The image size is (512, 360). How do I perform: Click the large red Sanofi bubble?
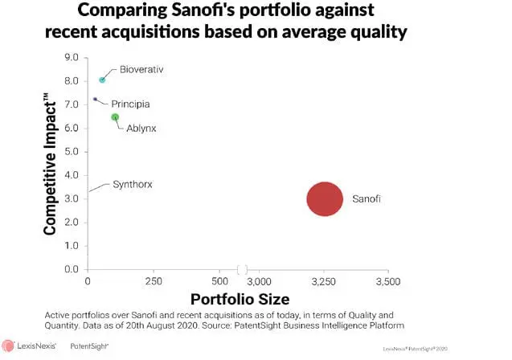[325, 199]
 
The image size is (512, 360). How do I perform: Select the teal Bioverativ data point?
[102, 80]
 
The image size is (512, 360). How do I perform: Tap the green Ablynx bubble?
[115, 117]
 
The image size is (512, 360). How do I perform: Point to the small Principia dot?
[95, 99]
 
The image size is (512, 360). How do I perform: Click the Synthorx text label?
[133, 185]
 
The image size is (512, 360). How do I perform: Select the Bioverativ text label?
[141, 70]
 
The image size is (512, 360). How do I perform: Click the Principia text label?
[130, 104]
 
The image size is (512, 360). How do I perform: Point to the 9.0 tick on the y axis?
[72, 59]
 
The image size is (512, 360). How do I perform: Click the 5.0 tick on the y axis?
[72, 152]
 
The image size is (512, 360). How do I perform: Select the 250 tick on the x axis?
[154, 283]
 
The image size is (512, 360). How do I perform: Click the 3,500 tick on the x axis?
[389, 283]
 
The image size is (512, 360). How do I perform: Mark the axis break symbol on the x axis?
[241, 270]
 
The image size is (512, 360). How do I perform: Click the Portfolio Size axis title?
[238, 300]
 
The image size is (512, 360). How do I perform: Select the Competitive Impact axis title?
[51, 164]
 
